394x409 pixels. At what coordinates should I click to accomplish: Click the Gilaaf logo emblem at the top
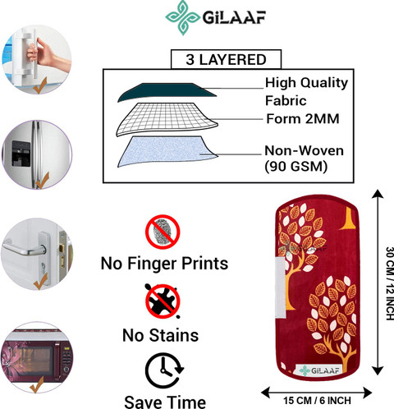(x=183, y=17)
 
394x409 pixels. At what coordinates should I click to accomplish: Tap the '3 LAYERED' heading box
(x=226, y=59)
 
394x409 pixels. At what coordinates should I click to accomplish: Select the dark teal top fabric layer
(x=167, y=92)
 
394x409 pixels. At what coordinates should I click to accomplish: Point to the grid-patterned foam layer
(x=167, y=119)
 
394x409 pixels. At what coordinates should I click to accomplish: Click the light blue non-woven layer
(x=167, y=151)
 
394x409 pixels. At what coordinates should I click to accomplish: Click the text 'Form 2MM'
(x=303, y=119)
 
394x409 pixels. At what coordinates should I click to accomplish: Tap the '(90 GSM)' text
(x=295, y=166)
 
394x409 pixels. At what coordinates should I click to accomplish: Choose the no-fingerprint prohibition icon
(x=163, y=232)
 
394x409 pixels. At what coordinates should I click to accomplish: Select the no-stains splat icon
(x=163, y=301)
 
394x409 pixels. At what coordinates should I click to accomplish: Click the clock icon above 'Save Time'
(x=164, y=370)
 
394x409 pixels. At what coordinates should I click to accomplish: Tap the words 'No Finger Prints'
(x=164, y=264)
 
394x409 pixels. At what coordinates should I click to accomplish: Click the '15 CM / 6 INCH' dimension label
(x=317, y=401)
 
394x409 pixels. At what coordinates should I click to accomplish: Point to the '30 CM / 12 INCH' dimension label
(x=390, y=283)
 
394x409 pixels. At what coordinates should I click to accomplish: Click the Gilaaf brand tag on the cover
(x=318, y=370)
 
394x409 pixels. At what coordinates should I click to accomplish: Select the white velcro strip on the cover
(x=281, y=287)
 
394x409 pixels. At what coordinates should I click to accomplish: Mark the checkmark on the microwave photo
(x=37, y=384)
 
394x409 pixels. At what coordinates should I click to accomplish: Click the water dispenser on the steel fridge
(x=21, y=154)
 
